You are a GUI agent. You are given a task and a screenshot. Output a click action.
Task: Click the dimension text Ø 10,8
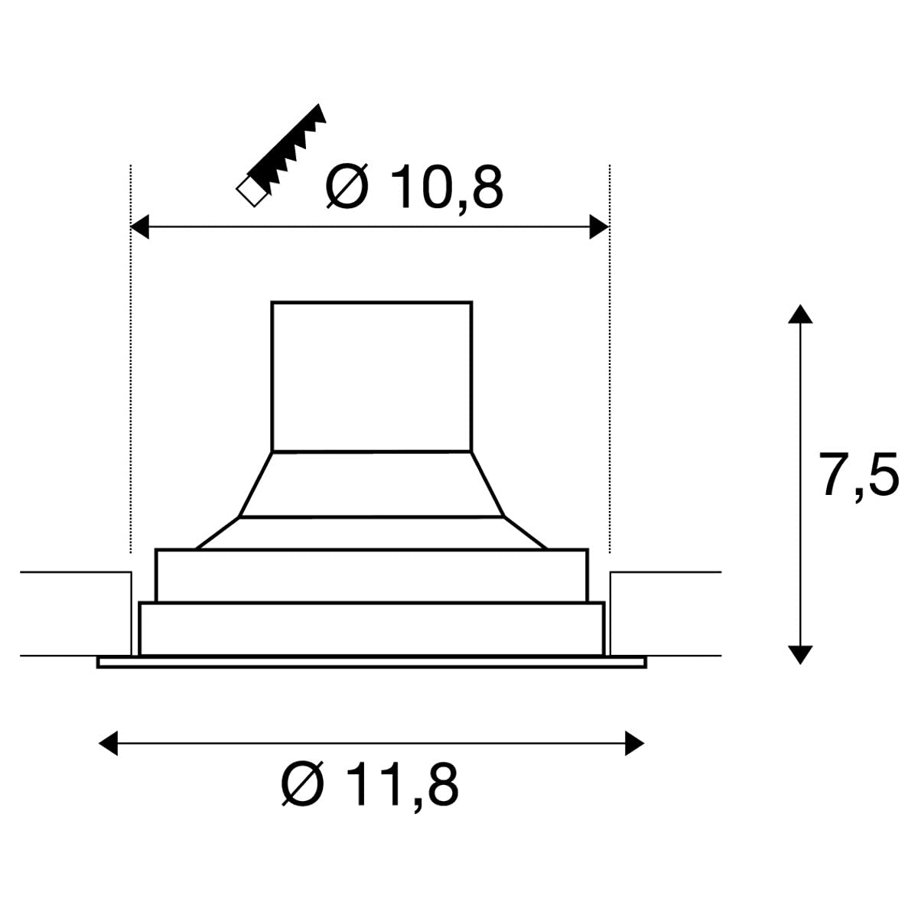coord(414,187)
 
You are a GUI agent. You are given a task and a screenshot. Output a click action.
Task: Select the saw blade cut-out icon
coord(281,155)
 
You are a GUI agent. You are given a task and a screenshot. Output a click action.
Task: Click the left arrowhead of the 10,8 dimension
coord(139,226)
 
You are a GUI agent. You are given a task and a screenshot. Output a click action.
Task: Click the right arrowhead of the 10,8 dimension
coord(599,226)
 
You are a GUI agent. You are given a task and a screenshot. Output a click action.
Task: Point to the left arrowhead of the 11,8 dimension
coord(108,743)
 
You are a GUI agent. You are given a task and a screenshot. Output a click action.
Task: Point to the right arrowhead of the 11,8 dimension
coord(634,743)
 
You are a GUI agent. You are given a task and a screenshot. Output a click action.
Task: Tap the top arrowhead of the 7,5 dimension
coord(800,314)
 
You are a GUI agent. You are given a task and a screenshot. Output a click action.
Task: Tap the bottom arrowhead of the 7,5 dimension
coord(800,655)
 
